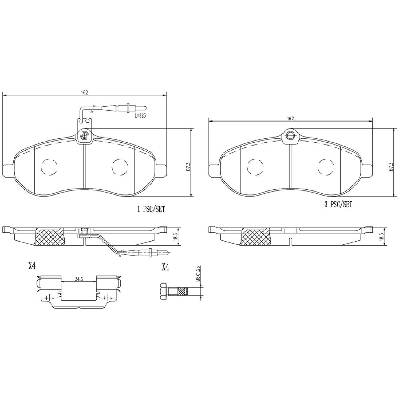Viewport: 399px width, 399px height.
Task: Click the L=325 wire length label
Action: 140,116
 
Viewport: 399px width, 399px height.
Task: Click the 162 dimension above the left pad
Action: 84,93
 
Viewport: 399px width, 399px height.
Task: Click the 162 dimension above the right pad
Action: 290,119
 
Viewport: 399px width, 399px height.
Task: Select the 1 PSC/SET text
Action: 151,209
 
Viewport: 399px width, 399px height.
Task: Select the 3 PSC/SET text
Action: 338,204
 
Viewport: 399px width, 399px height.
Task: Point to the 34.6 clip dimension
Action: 79,279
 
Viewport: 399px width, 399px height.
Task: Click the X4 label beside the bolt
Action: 165,267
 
